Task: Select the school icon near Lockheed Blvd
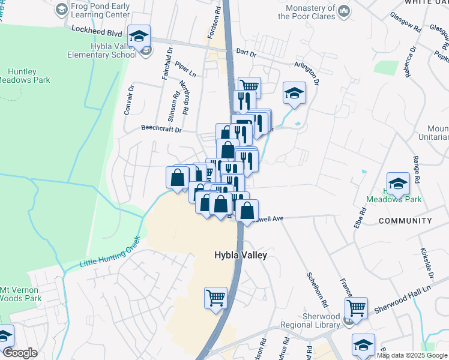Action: (x=139, y=36)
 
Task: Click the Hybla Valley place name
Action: (x=240, y=255)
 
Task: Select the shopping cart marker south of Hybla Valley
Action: (x=216, y=296)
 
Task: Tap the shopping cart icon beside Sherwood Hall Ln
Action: (x=357, y=308)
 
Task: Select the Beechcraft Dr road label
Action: (x=161, y=128)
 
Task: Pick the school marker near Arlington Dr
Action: (x=294, y=93)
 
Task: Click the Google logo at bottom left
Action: (x=20, y=353)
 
